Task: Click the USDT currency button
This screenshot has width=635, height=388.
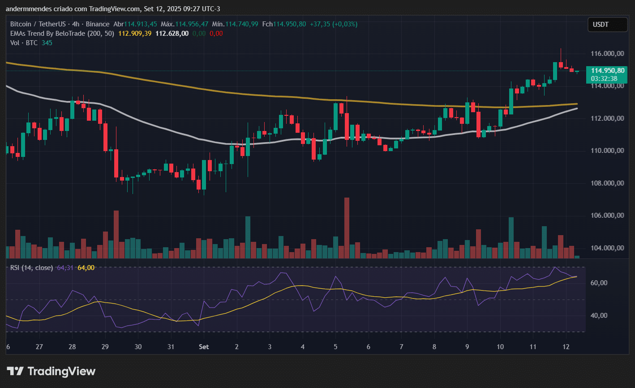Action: (601, 25)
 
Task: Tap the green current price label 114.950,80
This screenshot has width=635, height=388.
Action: (608, 71)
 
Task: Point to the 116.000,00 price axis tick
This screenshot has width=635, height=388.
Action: (607, 54)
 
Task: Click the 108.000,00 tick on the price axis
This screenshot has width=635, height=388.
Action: (607, 183)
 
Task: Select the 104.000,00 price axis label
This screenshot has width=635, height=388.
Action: (607, 248)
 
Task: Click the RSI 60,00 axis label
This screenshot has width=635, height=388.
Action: (612, 283)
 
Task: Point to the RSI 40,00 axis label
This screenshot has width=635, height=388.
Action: (612, 316)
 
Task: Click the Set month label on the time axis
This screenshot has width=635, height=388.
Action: (204, 347)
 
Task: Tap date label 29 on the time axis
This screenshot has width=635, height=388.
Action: (105, 347)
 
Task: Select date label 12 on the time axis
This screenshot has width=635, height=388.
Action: (566, 347)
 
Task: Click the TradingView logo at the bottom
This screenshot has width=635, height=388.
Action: (51, 371)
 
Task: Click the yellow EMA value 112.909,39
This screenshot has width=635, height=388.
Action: (135, 34)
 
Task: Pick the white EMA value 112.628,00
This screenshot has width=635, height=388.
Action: (172, 34)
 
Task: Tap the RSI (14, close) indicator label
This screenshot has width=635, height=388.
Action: (32, 268)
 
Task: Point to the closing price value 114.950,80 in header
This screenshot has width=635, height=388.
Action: (290, 24)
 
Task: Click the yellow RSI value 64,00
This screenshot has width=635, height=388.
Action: (86, 268)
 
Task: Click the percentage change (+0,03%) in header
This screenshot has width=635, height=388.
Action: (343, 24)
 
